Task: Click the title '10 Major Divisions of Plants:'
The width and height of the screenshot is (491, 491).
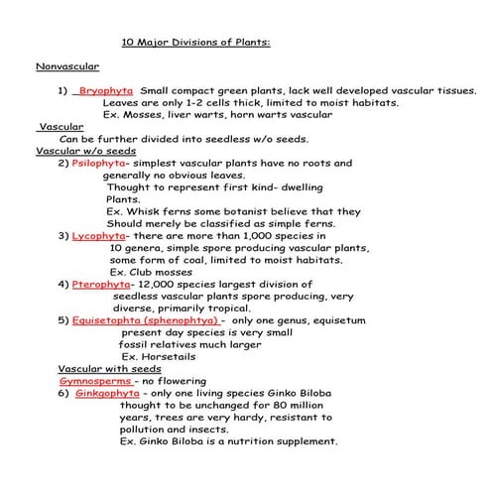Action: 194,43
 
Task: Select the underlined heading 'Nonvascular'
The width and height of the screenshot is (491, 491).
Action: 66,66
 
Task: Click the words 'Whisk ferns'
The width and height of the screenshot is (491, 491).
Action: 161,211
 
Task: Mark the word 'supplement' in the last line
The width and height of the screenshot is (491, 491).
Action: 302,441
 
